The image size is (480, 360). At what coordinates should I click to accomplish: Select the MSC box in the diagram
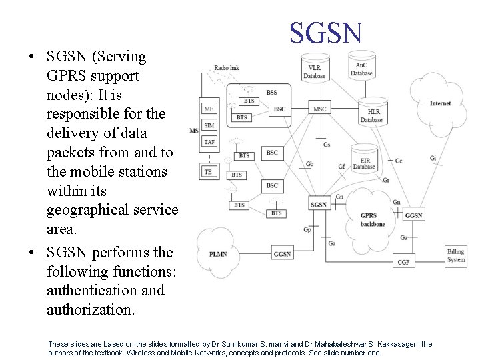click(x=320, y=109)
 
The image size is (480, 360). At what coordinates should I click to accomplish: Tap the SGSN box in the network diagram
click(x=319, y=204)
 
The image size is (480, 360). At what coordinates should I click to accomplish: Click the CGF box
click(x=403, y=262)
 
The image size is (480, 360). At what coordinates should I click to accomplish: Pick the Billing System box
click(x=456, y=255)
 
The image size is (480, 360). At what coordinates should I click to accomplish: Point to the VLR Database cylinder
click(x=314, y=69)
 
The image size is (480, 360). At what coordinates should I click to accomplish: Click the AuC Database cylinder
click(x=361, y=67)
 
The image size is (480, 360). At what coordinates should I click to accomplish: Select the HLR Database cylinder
click(x=372, y=115)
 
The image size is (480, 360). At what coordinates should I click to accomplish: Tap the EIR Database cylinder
click(x=364, y=163)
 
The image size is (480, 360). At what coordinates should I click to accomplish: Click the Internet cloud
click(x=439, y=103)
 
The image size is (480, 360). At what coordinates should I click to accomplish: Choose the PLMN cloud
click(x=218, y=254)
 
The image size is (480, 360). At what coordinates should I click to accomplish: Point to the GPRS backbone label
click(x=373, y=220)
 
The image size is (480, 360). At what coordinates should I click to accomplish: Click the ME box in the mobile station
click(x=209, y=109)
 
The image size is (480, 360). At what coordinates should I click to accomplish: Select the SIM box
click(x=209, y=125)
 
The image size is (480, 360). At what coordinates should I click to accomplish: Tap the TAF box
click(x=209, y=142)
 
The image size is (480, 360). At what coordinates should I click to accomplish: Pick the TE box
click(x=209, y=171)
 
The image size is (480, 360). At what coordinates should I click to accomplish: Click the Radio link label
click(x=227, y=68)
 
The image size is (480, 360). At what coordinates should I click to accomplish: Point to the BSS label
click(x=271, y=92)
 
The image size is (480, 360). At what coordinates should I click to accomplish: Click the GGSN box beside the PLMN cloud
click(x=282, y=254)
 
